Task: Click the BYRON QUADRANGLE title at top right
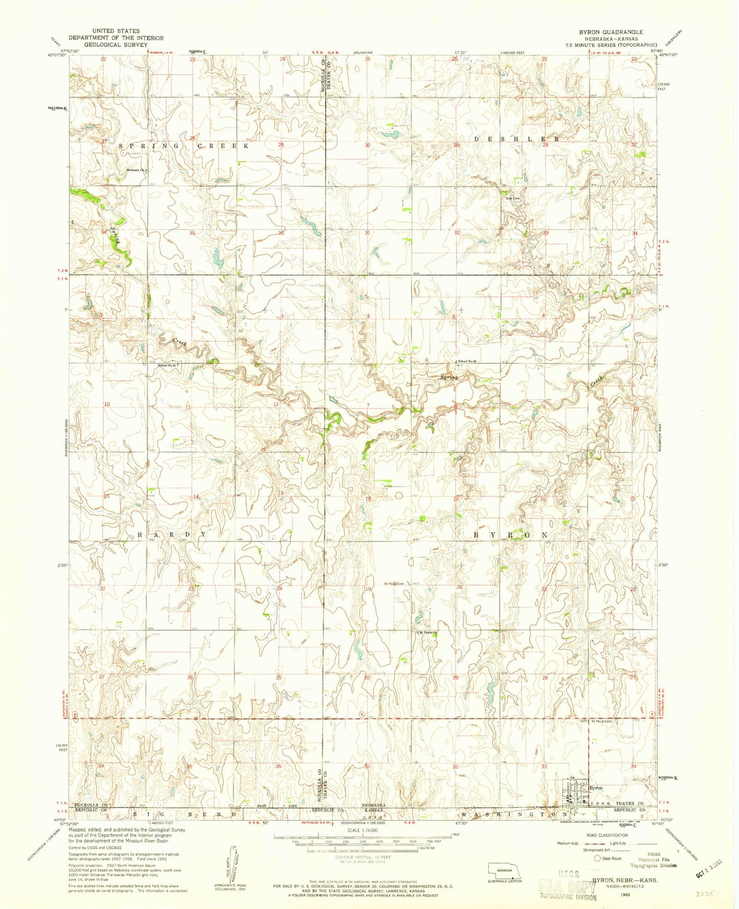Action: point(611,32)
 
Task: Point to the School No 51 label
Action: point(167,365)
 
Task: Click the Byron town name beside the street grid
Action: point(596,788)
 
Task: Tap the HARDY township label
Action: point(171,534)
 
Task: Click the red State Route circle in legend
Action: point(596,858)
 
